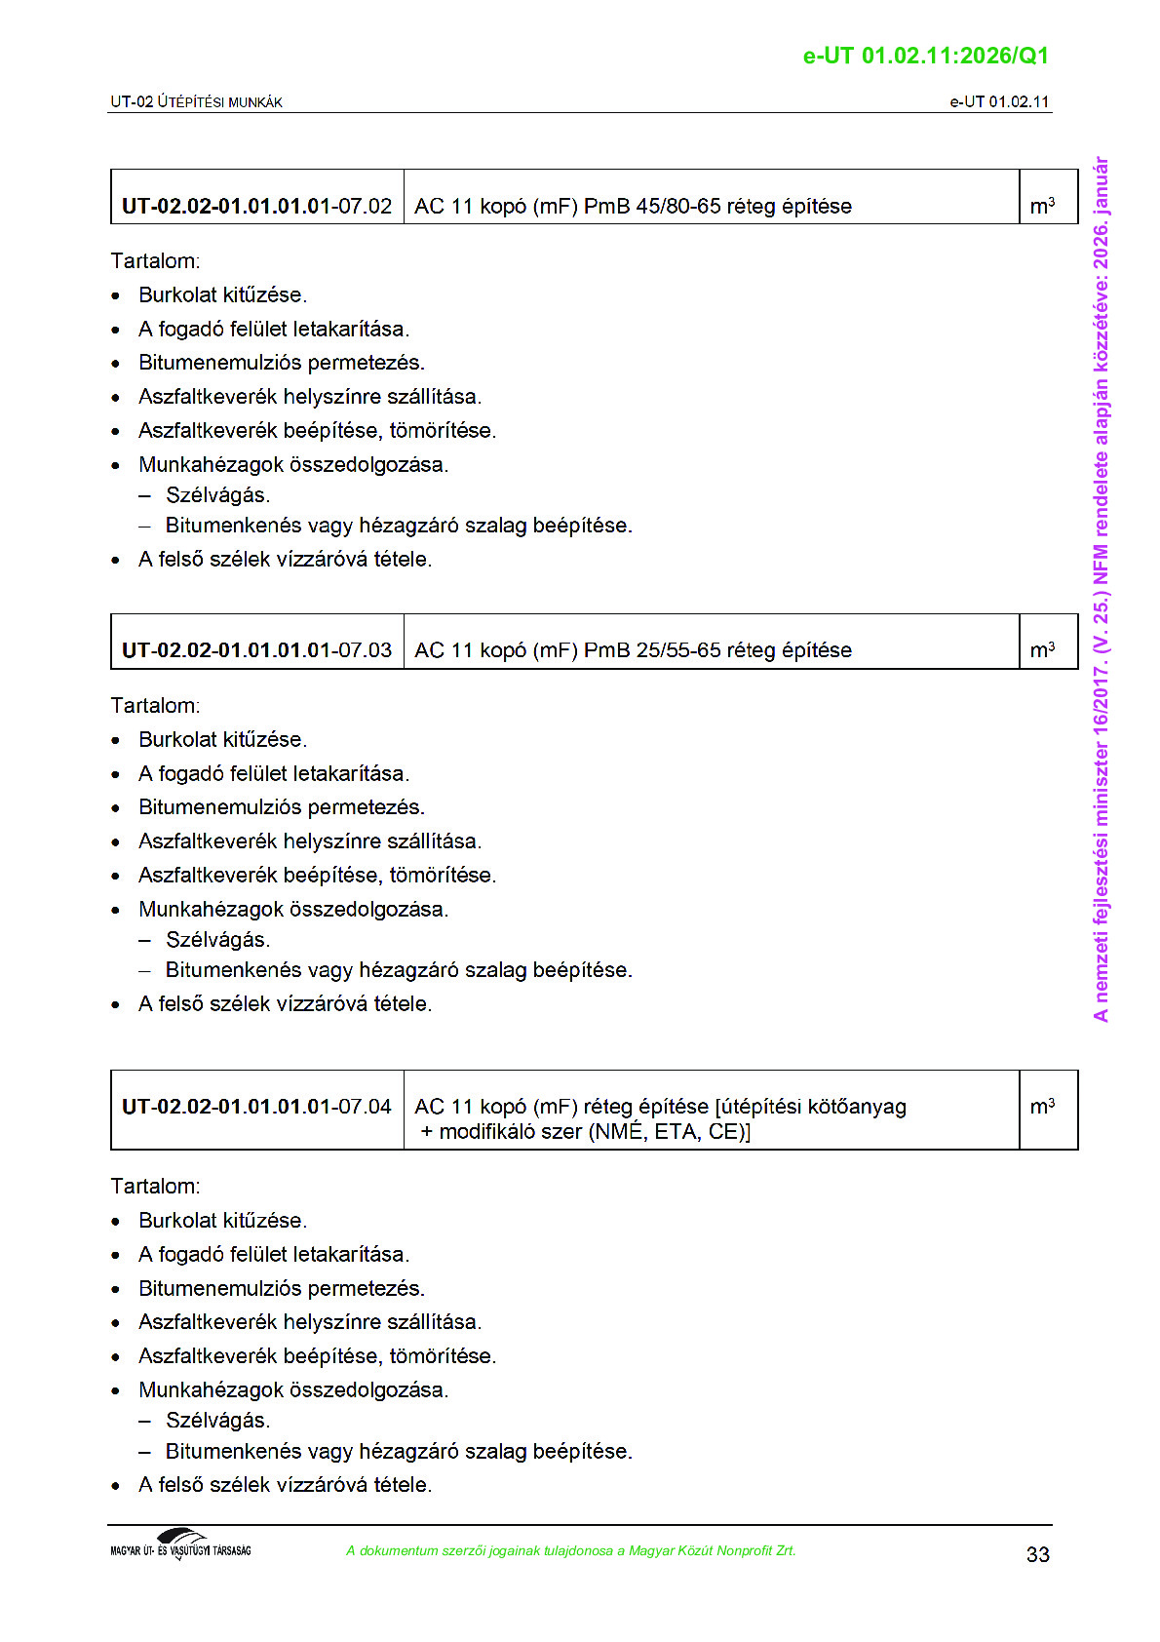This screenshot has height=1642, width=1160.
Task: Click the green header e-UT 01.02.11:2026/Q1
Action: click(925, 56)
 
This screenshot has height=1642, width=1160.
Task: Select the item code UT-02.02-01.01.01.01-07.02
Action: click(256, 206)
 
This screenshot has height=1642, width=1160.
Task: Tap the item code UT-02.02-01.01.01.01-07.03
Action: click(256, 650)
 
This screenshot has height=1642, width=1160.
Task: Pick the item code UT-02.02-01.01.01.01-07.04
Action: click(256, 1107)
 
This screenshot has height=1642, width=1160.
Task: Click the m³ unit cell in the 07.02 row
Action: click(1042, 206)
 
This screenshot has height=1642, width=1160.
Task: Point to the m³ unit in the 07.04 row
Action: click(1042, 1107)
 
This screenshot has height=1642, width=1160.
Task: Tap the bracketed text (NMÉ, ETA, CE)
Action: click(670, 1132)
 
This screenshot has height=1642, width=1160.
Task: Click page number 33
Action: click(1037, 1554)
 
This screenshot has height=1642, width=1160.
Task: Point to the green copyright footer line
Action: click(570, 1550)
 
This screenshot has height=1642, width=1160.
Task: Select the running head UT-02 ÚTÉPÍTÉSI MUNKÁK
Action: click(196, 101)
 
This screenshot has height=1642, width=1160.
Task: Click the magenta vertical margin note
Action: click(1101, 589)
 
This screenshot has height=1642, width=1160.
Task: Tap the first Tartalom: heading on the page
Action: click(155, 261)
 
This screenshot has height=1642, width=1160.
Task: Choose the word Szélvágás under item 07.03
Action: click(217, 940)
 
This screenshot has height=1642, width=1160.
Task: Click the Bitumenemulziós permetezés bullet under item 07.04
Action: click(281, 1288)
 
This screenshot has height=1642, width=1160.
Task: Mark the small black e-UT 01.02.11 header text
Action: click(999, 101)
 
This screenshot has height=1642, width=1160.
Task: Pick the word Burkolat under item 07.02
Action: click(178, 295)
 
